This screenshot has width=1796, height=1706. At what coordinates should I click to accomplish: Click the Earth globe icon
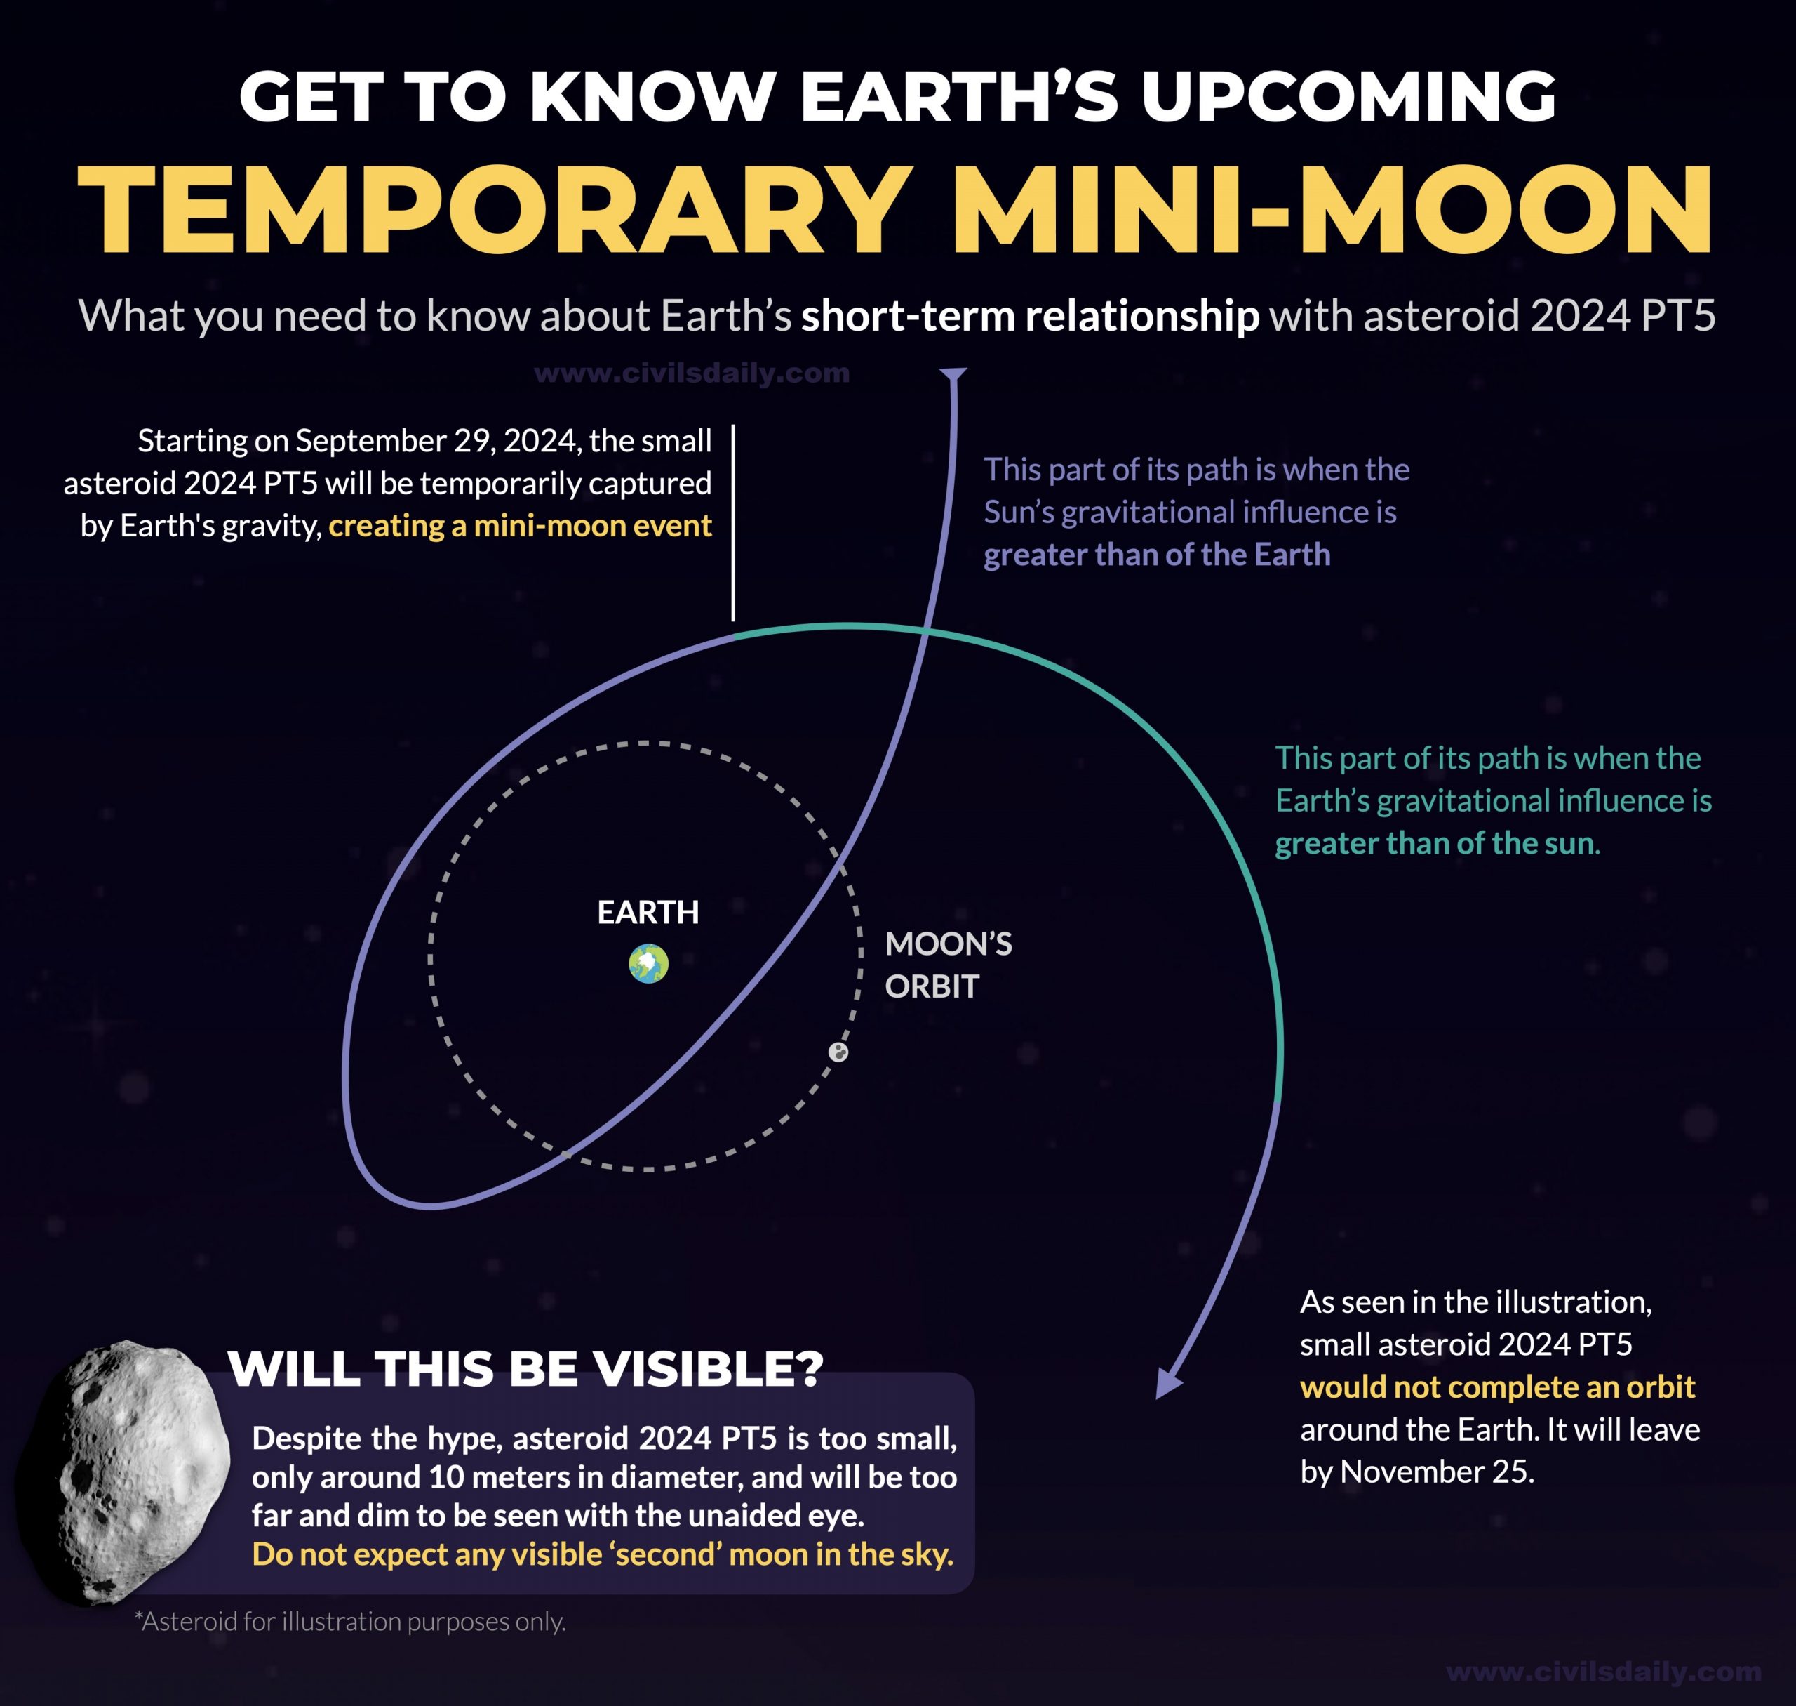point(648,964)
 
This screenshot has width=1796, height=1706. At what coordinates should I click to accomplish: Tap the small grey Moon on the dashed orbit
point(838,1052)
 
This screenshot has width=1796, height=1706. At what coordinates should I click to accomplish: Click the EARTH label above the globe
point(648,912)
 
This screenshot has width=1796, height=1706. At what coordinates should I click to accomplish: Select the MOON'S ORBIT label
point(948,965)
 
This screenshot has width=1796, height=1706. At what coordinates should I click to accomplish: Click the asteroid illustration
point(123,1472)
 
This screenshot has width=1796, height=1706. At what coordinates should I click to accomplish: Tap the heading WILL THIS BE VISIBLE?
point(525,1368)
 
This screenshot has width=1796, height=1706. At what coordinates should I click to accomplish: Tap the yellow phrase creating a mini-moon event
point(520,526)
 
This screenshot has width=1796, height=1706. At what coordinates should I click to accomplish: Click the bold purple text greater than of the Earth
point(1156,555)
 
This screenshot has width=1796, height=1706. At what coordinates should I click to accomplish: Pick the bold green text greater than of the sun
point(1434,843)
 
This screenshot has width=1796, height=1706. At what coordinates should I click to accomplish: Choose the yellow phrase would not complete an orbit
point(1497,1387)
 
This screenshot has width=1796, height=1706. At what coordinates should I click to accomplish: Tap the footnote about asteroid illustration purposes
point(350,1622)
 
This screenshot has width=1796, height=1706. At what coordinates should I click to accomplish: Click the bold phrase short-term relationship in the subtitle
point(1030,315)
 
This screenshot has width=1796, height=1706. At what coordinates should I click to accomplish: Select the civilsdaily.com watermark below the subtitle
point(692,373)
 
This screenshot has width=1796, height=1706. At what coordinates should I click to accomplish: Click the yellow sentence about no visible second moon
point(603,1554)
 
